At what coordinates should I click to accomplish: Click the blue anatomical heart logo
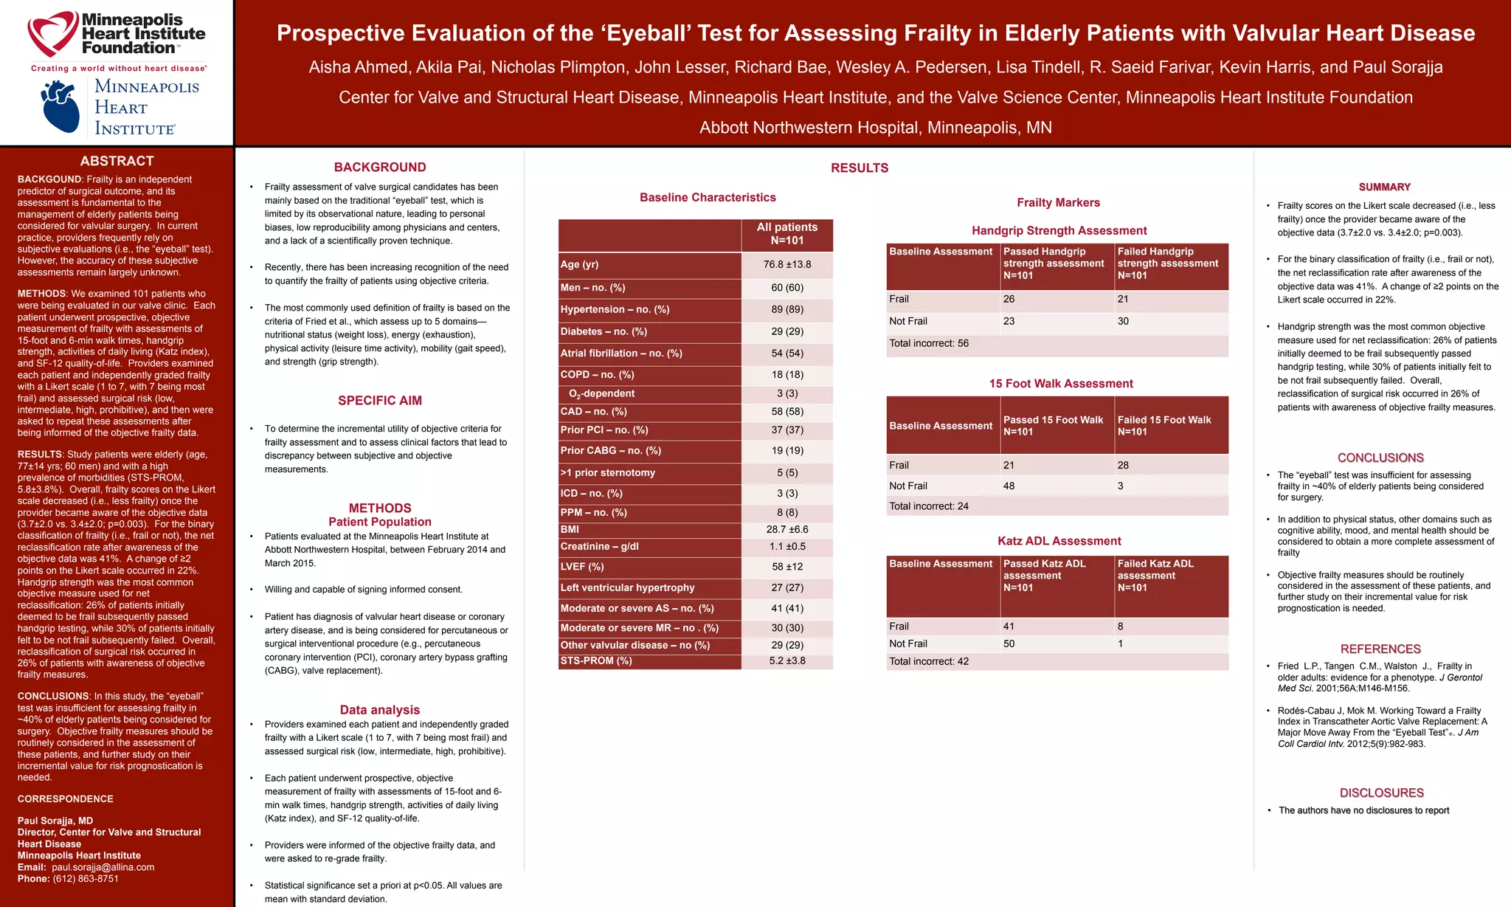60,107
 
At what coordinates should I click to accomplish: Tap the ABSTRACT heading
117,161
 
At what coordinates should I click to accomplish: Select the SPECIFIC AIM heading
380,401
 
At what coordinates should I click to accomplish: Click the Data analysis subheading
380,710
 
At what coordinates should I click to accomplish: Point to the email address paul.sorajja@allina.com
103,867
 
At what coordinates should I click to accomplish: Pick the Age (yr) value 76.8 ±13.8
787,265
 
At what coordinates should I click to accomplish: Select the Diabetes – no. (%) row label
604,332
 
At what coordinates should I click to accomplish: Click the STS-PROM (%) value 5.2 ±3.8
787,661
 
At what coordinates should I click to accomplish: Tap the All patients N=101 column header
787,234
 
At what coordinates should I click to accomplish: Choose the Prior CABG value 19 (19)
787,451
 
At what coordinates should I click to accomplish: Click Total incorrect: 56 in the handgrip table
929,344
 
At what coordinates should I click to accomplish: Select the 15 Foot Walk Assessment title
1061,384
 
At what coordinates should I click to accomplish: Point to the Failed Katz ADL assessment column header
1155,576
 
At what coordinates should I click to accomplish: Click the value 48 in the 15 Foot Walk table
1009,486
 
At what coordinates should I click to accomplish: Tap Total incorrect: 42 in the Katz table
929,662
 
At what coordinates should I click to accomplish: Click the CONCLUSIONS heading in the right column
1380,458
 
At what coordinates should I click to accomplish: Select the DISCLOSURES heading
1381,793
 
